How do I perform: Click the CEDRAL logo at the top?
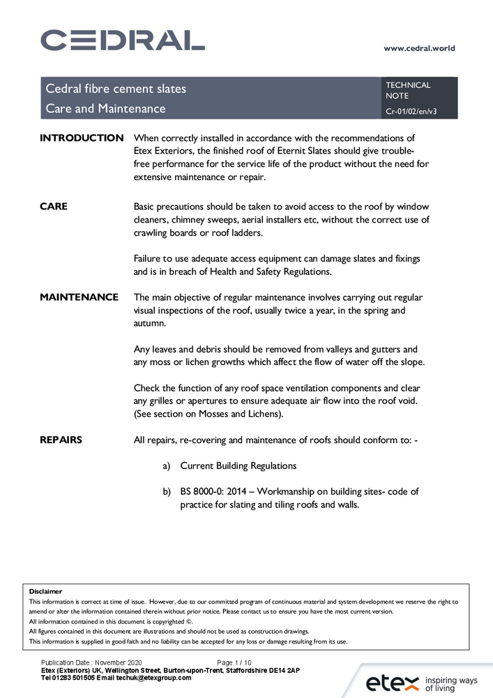pyautogui.click(x=123, y=40)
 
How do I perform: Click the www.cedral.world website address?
pyautogui.click(x=419, y=48)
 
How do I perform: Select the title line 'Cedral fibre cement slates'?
pyautogui.click(x=116, y=89)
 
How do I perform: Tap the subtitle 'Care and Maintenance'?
pyautogui.click(x=105, y=108)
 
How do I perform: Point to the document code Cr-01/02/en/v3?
pyautogui.click(x=411, y=111)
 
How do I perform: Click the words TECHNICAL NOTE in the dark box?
pyautogui.click(x=408, y=90)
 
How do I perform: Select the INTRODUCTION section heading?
pyautogui.click(x=82, y=138)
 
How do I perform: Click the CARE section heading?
pyautogui.click(x=54, y=206)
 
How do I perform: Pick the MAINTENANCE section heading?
pyautogui.click(x=79, y=297)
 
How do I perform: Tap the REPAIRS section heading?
pyautogui.click(x=61, y=439)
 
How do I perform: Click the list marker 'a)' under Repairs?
pyautogui.click(x=167, y=466)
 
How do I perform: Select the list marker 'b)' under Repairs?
pyautogui.click(x=167, y=491)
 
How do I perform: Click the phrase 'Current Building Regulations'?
pyautogui.click(x=238, y=466)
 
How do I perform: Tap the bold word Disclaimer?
pyautogui.click(x=45, y=591)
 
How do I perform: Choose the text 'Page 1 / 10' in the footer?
pyautogui.click(x=234, y=661)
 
